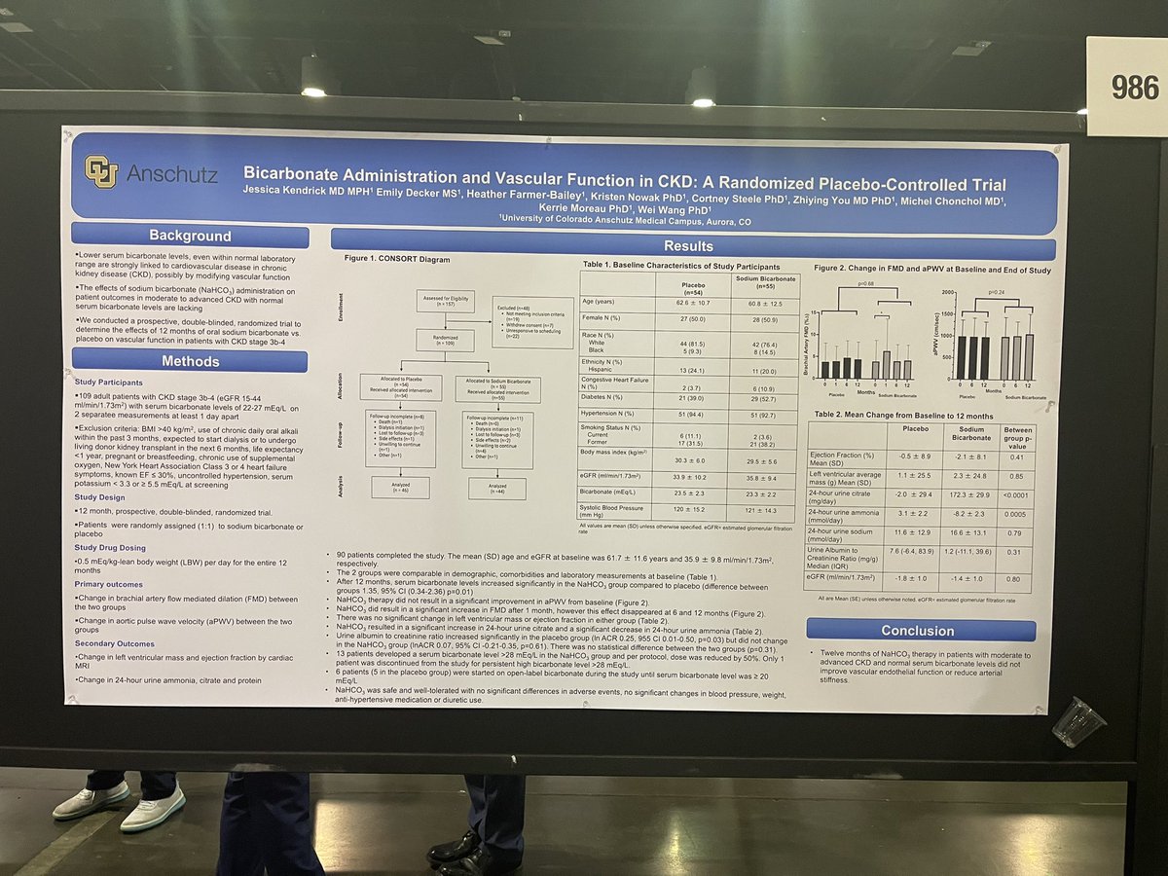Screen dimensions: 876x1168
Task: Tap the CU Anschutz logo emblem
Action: point(100,171)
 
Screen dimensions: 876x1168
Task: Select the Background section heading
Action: point(190,236)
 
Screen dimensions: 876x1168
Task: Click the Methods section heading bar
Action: point(190,360)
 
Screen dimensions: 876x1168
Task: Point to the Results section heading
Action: point(688,246)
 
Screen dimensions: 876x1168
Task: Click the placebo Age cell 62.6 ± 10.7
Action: point(689,304)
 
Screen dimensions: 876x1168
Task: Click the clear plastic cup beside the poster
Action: point(1078,720)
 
